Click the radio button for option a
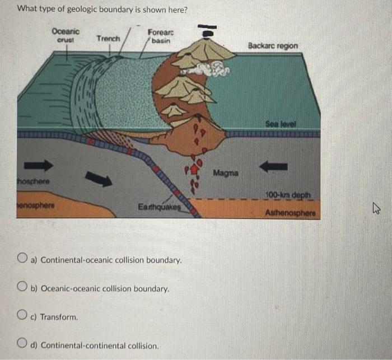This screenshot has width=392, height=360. [23, 259]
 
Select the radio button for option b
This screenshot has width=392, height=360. [23, 288]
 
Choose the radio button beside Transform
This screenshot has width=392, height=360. [23, 316]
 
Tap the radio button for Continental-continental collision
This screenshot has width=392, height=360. [23, 344]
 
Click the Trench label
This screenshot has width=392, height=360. [108, 39]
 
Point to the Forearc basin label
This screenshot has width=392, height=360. [160, 36]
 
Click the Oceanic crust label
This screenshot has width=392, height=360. [66, 35]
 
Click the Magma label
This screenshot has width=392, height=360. [227, 174]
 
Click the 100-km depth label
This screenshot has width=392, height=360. [291, 194]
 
